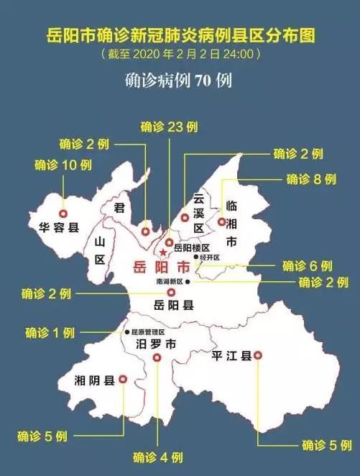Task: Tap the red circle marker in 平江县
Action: [258, 354]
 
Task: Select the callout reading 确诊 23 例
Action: [169, 127]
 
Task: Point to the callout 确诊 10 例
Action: [63, 165]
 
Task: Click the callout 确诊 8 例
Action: [311, 179]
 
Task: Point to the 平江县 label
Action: [231, 356]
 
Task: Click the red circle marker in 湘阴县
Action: [122, 379]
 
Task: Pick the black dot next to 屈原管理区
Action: [126, 332]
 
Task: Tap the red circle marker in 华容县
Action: [63, 214]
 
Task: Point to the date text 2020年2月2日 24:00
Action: [180, 53]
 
